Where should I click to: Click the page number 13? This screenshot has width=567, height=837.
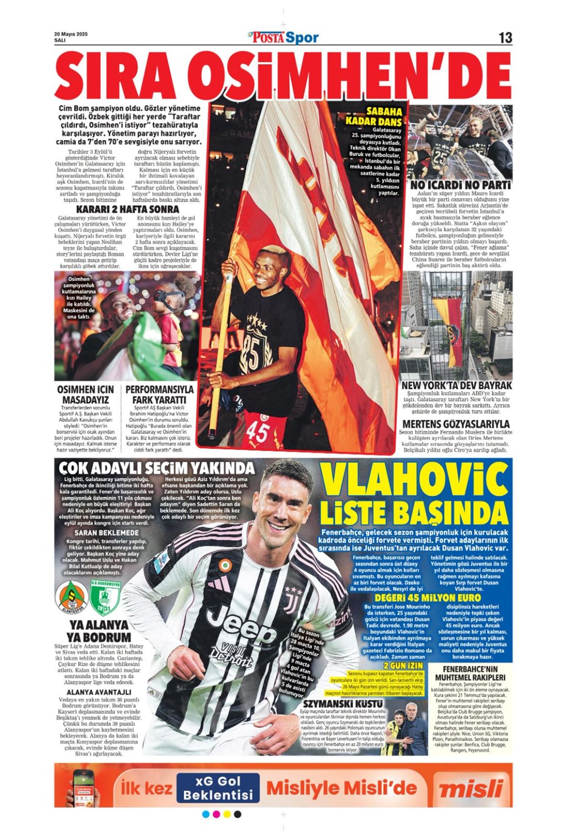[505, 38]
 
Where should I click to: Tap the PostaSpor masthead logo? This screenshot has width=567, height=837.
[283, 38]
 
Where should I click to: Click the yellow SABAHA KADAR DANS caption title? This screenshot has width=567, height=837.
[375, 116]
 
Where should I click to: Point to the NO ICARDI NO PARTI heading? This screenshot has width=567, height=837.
[460, 186]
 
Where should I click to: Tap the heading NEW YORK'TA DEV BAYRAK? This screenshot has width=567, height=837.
[456, 385]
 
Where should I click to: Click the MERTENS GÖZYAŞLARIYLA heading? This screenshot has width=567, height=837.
[456, 424]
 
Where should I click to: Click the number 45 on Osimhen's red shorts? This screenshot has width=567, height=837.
[257, 434]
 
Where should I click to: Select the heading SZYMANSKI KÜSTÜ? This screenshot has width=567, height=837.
[342, 704]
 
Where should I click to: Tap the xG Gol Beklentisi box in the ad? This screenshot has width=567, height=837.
[218, 788]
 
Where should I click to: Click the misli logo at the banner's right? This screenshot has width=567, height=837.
[471, 789]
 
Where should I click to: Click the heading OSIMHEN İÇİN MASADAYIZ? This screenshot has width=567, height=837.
[86, 394]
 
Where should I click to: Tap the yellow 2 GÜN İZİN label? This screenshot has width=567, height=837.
[403, 666]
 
